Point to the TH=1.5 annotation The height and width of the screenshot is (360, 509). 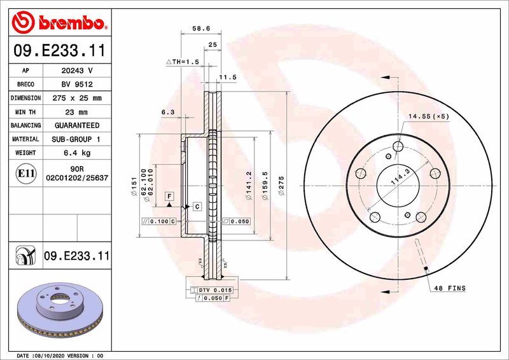183,62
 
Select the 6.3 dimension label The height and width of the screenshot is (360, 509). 168,112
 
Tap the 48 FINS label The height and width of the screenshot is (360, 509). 450,288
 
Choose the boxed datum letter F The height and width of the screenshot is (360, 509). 170,196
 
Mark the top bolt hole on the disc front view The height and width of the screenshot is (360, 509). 398,148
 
